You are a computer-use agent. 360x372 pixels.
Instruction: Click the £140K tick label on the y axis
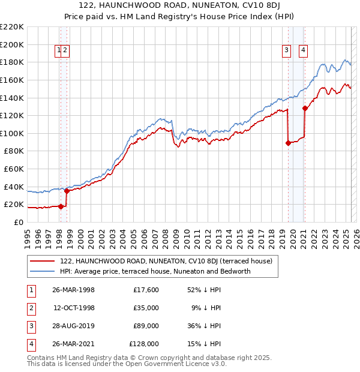coord(12,98)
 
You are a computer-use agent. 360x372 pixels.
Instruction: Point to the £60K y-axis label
coord(14,169)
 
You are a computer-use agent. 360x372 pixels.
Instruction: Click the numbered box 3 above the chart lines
coord(287,50)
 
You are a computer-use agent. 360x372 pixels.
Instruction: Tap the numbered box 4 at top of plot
coord(304,50)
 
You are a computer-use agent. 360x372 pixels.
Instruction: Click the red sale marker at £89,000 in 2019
coord(288,143)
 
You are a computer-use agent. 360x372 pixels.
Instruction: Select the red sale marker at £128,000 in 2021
coord(305,109)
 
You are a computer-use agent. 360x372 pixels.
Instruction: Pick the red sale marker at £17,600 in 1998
coord(61,206)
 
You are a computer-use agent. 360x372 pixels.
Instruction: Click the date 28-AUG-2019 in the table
coord(73,326)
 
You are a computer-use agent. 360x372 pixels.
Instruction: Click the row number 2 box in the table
coord(31,308)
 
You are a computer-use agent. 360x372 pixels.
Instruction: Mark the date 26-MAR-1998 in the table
coord(73,290)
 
